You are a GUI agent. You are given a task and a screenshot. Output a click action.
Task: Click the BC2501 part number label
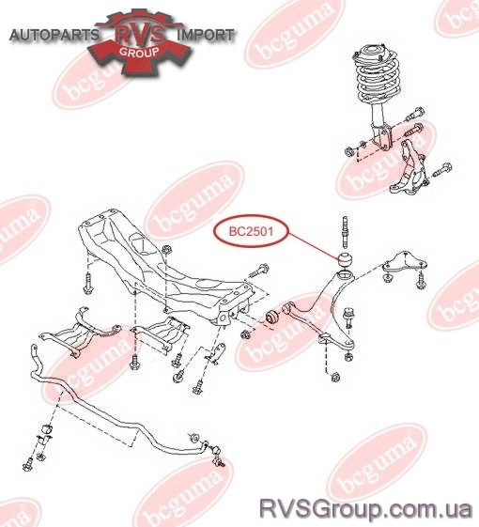[x=251, y=232]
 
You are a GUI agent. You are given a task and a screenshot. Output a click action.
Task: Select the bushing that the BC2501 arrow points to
[x=346, y=259]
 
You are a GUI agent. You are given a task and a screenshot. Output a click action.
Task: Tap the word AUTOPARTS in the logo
[x=54, y=35]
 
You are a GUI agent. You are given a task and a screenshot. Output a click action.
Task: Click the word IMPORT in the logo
[x=205, y=35]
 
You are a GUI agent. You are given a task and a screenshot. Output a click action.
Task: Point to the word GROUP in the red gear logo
[x=139, y=52]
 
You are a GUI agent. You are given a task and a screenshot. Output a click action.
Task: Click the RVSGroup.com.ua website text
[x=365, y=509]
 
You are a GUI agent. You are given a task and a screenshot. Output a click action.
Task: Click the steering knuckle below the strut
[x=409, y=169]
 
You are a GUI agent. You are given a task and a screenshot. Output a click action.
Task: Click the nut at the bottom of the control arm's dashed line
[x=335, y=377]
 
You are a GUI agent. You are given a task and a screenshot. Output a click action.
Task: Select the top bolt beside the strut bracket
[x=414, y=115]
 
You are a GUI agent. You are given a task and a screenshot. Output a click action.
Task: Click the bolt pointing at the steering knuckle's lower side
[x=441, y=170]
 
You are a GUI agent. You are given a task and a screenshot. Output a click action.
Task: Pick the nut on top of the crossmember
[x=166, y=250]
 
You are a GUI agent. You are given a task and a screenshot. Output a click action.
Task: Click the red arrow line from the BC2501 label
[x=315, y=246]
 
